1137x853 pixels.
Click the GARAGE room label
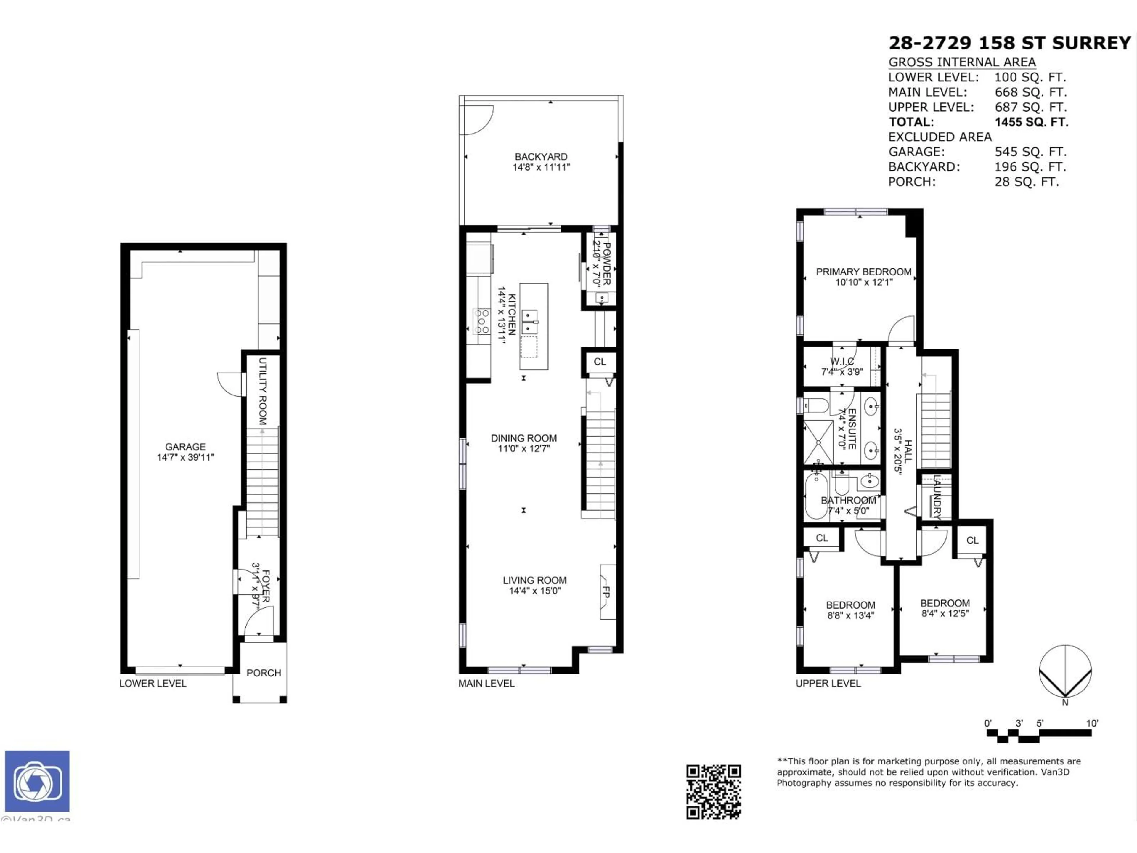185,447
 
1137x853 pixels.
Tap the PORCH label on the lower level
264,673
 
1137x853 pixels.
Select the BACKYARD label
541,156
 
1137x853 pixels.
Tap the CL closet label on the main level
599,361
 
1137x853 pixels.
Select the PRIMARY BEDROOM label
863,272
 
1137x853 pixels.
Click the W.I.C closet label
842,361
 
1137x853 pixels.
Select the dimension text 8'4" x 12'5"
945,613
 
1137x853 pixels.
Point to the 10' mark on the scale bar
1092,723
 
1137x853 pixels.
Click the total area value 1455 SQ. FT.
1031,122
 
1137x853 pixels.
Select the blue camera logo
37,780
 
